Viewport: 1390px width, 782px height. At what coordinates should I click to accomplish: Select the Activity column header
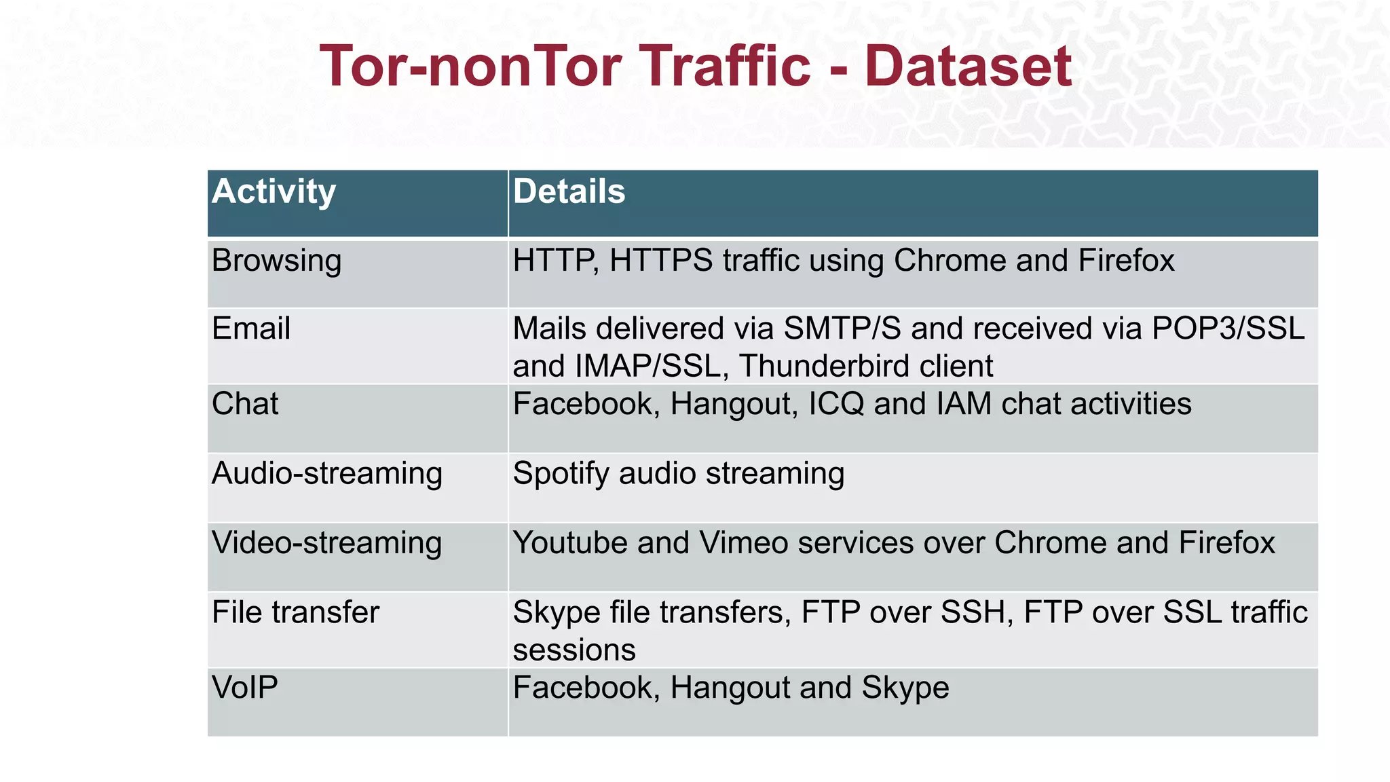point(274,191)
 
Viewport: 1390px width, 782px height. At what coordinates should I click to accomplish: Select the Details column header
point(569,191)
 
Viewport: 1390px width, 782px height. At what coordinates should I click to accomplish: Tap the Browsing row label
point(276,261)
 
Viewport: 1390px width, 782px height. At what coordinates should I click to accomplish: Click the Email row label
point(251,329)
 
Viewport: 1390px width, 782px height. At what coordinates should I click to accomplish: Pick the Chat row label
point(245,404)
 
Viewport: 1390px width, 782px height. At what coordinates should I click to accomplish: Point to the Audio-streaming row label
point(326,473)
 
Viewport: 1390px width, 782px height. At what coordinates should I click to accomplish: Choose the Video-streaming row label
point(326,543)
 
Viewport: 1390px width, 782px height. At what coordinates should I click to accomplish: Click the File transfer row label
point(295,612)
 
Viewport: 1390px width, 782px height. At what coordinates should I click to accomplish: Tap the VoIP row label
point(245,688)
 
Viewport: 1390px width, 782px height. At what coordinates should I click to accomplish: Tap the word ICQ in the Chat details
point(835,404)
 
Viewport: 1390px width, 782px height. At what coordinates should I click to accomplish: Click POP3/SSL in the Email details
point(1228,329)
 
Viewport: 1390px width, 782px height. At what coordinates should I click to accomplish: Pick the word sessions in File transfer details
point(574,650)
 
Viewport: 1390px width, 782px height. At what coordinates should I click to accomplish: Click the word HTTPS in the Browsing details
point(661,261)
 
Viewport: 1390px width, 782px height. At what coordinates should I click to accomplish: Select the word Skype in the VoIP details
point(905,688)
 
